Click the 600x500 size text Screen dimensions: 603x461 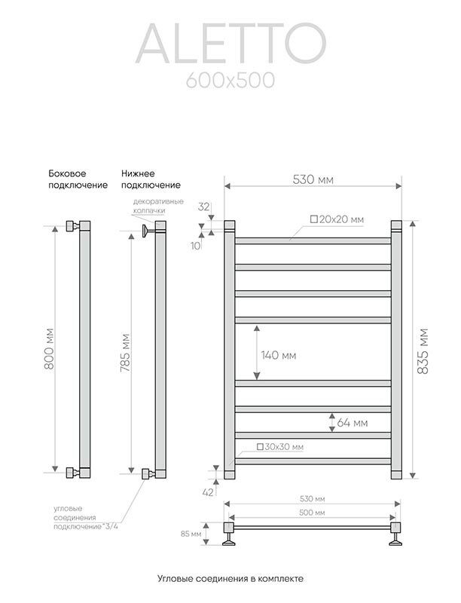click(230, 79)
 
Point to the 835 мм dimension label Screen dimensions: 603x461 click(423, 347)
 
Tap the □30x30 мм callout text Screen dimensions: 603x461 click(280, 447)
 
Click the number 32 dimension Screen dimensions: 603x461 click(203, 206)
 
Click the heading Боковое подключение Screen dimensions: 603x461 click(73, 179)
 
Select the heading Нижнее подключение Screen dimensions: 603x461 click(151, 179)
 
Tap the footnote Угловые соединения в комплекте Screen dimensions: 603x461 click(230, 578)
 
